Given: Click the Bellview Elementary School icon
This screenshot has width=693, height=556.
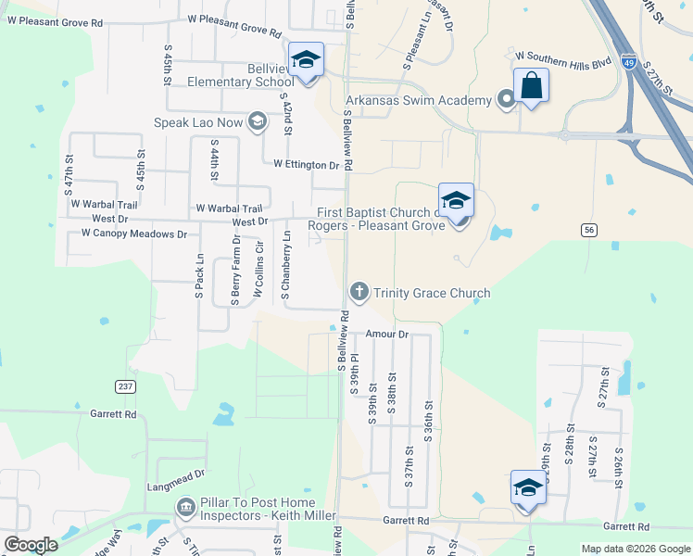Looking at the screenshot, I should (x=306, y=62).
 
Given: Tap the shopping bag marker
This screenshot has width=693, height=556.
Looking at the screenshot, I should (x=531, y=86).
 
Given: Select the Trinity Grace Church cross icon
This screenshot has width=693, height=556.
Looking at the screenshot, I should (x=359, y=293).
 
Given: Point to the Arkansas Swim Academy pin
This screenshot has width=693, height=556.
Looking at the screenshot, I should (x=506, y=100).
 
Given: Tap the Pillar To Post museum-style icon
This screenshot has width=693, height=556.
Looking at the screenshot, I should (x=185, y=508).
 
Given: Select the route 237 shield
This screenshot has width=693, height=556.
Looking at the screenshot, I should (x=127, y=385).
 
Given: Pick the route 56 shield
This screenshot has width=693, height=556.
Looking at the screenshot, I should (x=587, y=230).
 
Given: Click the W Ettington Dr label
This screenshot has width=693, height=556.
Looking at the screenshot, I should (x=307, y=165).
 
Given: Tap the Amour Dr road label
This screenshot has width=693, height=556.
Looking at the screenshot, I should (x=386, y=334).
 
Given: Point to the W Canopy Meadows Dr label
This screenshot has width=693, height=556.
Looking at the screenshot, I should (x=133, y=234).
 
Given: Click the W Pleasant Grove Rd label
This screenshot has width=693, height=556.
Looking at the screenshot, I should (x=233, y=19).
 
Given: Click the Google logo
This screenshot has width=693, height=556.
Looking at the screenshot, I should (x=31, y=545).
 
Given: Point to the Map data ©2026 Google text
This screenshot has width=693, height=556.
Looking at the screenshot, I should (x=635, y=549).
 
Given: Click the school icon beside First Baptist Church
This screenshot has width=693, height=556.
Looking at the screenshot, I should (x=456, y=202).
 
